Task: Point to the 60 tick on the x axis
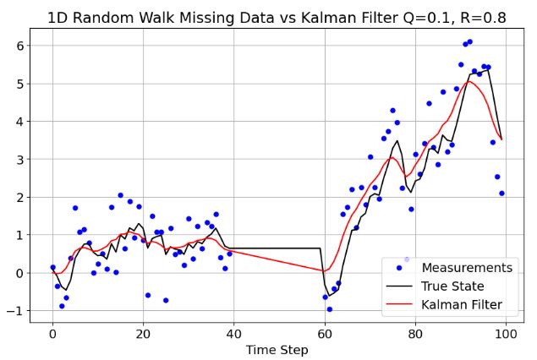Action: (x=325, y=332)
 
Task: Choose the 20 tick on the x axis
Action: (x=143, y=332)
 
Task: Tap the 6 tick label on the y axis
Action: (x=19, y=46)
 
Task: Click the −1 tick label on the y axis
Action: (x=15, y=311)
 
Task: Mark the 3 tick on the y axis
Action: (x=19, y=159)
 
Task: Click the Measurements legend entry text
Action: (x=467, y=268)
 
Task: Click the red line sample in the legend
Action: (x=398, y=305)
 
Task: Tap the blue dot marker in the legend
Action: (x=398, y=268)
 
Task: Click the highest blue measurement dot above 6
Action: (x=469, y=41)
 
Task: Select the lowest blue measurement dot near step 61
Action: (x=329, y=309)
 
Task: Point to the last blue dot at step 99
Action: (x=501, y=194)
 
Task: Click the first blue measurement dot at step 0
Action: (x=52, y=267)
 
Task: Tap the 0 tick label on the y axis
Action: (x=19, y=273)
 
